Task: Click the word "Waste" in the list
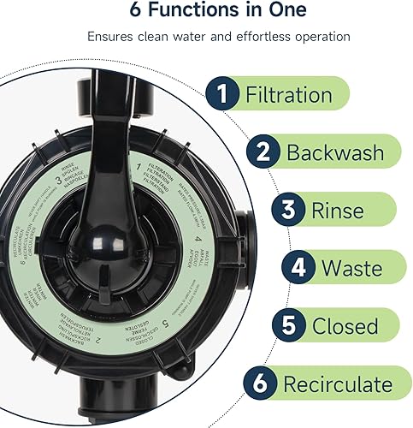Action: tap(352, 269)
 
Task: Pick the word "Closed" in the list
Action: tap(345, 326)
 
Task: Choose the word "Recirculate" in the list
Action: tap(337, 383)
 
